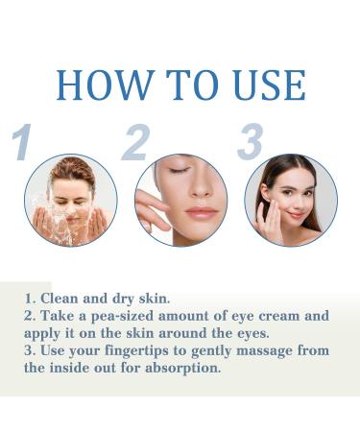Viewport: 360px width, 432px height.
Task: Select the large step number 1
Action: pyautogui.click(x=21, y=142)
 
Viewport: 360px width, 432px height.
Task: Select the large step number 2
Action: pyautogui.click(x=135, y=142)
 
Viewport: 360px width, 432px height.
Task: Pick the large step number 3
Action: pyautogui.click(x=250, y=142)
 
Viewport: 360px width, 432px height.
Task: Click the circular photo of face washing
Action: pyautogui.click(x=70, y=200)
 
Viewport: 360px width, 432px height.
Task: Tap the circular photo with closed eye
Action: pyautogui.click(x=180, y=200)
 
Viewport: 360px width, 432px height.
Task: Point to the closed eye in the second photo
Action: pyautogui.click(x=178, y=171)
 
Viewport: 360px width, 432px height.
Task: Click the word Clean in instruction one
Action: pyautogui.click(x=62, y=300)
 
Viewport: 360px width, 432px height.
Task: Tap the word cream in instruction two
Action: pyautogui.click(x=282, y=316)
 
